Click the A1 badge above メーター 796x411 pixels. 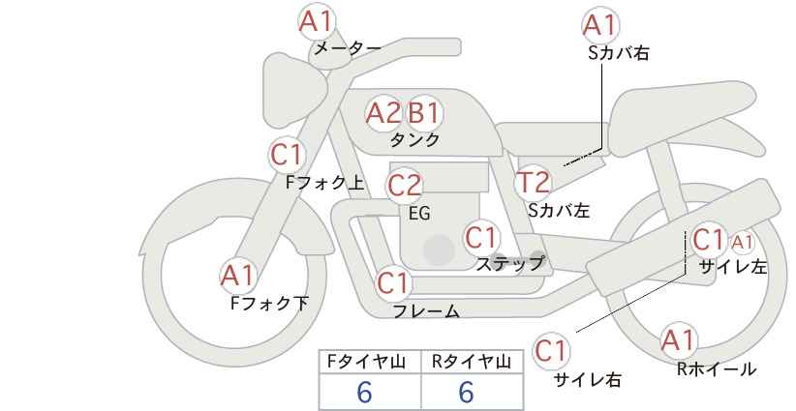click(315, 20)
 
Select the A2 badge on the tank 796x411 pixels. click(383, 113)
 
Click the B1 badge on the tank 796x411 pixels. click(423, 113)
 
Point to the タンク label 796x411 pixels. click(415, 140)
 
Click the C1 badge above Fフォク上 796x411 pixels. click(288, 154)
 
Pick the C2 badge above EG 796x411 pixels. click(405, 185)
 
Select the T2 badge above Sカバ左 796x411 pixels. click(533, 182)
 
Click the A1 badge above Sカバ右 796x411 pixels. click(600, 24)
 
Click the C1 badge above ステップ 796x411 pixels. click(481, 236)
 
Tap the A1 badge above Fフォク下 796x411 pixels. click(236, 276)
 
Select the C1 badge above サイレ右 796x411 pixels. click(552, 350)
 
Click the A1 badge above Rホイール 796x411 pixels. click(678, 340)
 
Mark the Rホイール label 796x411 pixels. click(716, 368)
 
